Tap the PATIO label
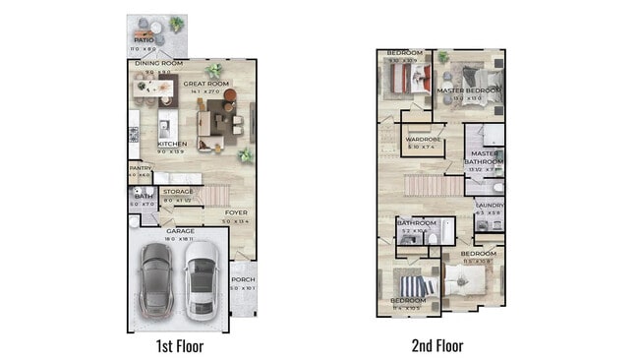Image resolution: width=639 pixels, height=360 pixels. point(144,40)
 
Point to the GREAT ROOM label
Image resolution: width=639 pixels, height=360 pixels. point(205,85)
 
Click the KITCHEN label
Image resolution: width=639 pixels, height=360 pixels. point(171,144)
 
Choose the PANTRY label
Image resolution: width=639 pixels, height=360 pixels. point(140,168)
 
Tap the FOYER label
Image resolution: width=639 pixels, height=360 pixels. point(235,212)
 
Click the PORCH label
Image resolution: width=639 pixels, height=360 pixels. point(242,278)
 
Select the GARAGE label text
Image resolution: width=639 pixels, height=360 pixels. point(179,231)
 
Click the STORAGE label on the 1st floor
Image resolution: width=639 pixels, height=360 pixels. point(177,192)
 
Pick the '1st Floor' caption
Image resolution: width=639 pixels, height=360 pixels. point(180,345)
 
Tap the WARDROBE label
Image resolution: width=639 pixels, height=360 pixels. point(422,140)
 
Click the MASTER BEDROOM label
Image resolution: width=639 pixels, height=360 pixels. point(468,90)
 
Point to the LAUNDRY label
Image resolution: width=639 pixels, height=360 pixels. point(489,205)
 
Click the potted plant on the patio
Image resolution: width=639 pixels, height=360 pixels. point(176,23)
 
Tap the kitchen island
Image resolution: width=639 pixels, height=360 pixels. point(168,124)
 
